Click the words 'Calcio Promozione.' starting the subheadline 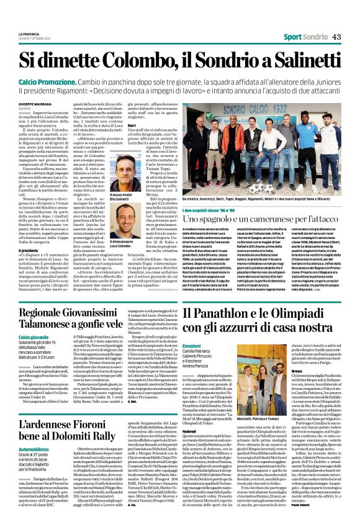click(44, 81)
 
